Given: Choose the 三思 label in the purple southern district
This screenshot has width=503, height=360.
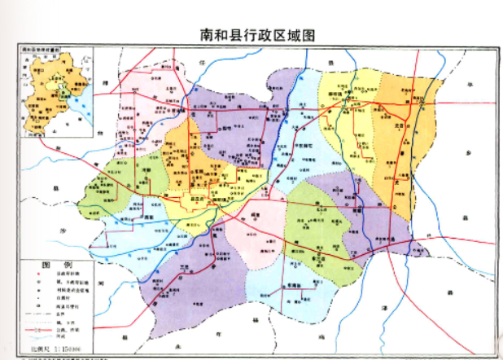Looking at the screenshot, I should pyautogui.click(x=189, y=265).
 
